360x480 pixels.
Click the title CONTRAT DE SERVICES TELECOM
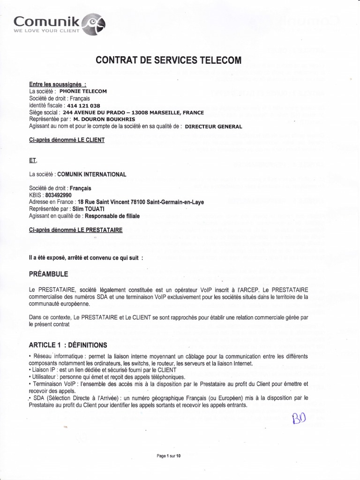click(x=168, y=60)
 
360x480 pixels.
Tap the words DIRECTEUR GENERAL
click(x=214, y=127)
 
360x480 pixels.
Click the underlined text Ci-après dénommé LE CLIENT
click(x=67, y=140)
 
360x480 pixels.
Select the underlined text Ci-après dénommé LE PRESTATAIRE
click(x=76, y=230)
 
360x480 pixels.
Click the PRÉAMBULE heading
click(x=49, y=274)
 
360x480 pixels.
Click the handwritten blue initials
click(x=299, y=417)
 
